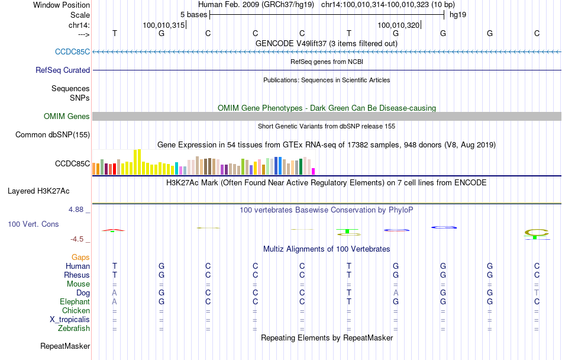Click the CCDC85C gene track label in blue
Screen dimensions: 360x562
coord(73,52)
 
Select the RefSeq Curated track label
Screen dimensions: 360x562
coord(63,70)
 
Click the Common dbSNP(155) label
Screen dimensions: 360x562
coord(53,134)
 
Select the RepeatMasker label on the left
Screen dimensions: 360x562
coord(65,346)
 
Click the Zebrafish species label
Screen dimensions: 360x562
coord(74,329)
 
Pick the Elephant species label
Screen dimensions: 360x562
coord(75,302)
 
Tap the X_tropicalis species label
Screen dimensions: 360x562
coord(70,320)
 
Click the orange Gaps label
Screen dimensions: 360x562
coord(80,258)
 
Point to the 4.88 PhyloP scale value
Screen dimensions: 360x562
coord(77,210)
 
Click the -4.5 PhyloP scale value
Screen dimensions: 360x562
coord(78,239)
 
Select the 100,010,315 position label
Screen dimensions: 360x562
coord(164,25)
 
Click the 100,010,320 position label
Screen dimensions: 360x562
coord(398,25)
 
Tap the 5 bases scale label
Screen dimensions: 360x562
coord(193,15)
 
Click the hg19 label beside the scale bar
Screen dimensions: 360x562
coord(458,15)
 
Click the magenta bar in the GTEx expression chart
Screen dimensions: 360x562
coord(314,171)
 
